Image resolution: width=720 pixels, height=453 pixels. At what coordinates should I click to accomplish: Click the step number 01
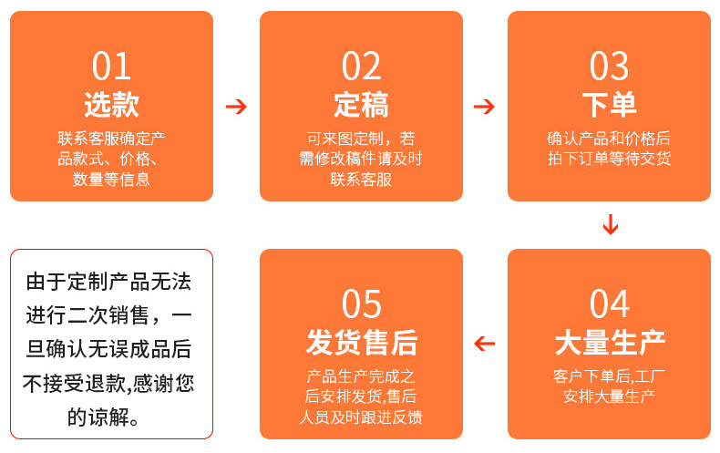(x=111, y=67)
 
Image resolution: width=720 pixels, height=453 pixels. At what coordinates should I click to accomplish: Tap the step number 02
(x=361, y=67)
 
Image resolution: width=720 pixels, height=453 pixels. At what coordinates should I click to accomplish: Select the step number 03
(x=609, y=67)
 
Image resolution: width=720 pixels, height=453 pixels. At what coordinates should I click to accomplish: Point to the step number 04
(x=609, y=304)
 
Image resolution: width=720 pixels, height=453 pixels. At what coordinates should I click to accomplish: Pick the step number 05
(x=361, y=304)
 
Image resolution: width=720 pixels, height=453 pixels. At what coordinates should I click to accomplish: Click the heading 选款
(x=111, y=105)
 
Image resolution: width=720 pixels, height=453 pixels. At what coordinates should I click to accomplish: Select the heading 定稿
(x=361, y=105)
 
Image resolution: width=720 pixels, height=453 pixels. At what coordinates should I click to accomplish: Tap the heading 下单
(x=609, y=105)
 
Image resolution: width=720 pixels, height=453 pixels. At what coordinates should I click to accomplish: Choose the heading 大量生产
(x=609, y=343)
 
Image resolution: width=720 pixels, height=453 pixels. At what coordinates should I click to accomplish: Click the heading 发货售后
(x=361, y=343)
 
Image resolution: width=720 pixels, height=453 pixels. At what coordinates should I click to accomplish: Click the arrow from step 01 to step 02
(x=236, y=107)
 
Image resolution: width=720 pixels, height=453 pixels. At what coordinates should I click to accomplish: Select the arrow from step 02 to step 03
(x=484, y=107)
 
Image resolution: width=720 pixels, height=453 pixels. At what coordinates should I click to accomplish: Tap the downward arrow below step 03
(x=610, y=224)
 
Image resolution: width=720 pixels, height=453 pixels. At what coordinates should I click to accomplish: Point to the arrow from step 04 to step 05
(x=484, y=344)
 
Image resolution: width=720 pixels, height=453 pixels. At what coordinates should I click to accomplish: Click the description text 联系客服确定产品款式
(x=111, y=149)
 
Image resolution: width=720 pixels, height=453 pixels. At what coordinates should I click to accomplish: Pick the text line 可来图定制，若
(x=361, y=139)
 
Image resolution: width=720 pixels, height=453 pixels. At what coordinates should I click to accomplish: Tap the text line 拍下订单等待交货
(x=609, y=159)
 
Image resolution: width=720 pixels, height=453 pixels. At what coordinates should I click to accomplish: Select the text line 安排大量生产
(x=609, y=396)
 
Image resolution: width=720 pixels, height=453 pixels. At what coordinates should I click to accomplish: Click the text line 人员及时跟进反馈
(x=361, y=417)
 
